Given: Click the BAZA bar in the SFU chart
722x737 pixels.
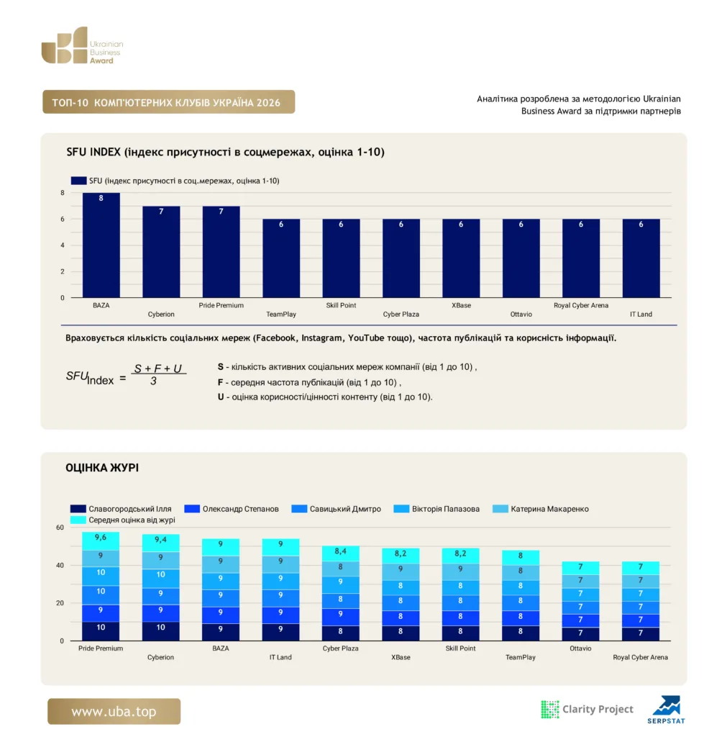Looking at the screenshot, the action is (x=101, y=245).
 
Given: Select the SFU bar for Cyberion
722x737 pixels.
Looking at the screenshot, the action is (x=161, y=251).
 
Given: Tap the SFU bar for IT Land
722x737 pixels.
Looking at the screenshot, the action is (x=641, y=258).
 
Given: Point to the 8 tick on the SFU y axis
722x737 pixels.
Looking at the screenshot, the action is (x=63, y=193).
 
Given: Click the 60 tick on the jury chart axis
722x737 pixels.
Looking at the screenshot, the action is (x=60, y=528).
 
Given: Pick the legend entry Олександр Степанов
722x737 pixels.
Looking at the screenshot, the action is (x=232, y=509).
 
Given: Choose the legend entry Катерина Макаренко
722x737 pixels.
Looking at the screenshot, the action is (x=541, y=509).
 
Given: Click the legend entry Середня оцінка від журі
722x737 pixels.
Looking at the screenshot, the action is (x=122, y=520).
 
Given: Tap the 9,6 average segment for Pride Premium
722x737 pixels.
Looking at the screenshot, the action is (x=101, y=541).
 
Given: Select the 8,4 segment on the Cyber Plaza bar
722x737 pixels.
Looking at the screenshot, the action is (x=341, y=553).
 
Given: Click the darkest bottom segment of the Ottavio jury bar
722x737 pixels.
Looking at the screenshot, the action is (x=580, y=634).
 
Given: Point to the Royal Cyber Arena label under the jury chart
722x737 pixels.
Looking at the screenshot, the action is (x=640, y=657).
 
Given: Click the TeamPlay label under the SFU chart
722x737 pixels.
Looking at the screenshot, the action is (x=281, y=314).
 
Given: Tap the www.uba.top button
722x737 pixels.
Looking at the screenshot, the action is (x=114, y=711).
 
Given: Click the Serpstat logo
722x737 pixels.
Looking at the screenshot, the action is (x=666, y=710).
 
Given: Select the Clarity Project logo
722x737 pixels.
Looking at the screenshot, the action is (x=587, y=709).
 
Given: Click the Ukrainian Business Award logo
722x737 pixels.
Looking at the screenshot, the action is (x=82, y=45).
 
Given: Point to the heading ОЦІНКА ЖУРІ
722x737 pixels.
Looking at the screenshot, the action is (x=102, y=468).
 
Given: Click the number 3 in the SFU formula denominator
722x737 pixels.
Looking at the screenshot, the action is (x=153, y=381).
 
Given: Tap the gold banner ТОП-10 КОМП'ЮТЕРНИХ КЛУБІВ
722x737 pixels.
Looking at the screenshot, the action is (x=169, y=102).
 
